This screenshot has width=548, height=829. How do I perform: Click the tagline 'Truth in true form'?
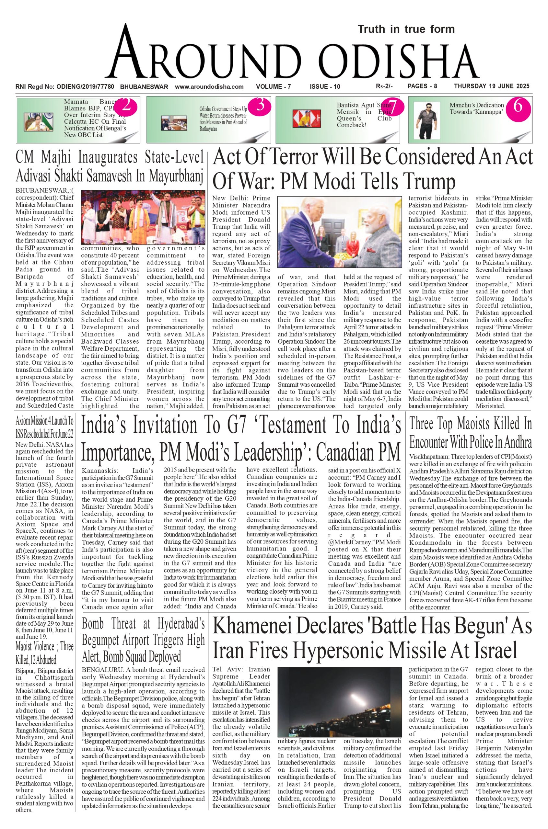click(x=406, y=29)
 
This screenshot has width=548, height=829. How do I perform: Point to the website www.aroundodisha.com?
click(x=209, y=86)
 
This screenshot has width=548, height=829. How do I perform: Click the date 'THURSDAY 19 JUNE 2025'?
click(x=492, y=86)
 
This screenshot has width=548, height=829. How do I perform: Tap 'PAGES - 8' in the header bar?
click(x=422, y=86)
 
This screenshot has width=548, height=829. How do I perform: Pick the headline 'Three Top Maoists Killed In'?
click(x=471, y=424)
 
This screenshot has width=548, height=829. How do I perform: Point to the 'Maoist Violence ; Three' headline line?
click(x=44, y=647)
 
